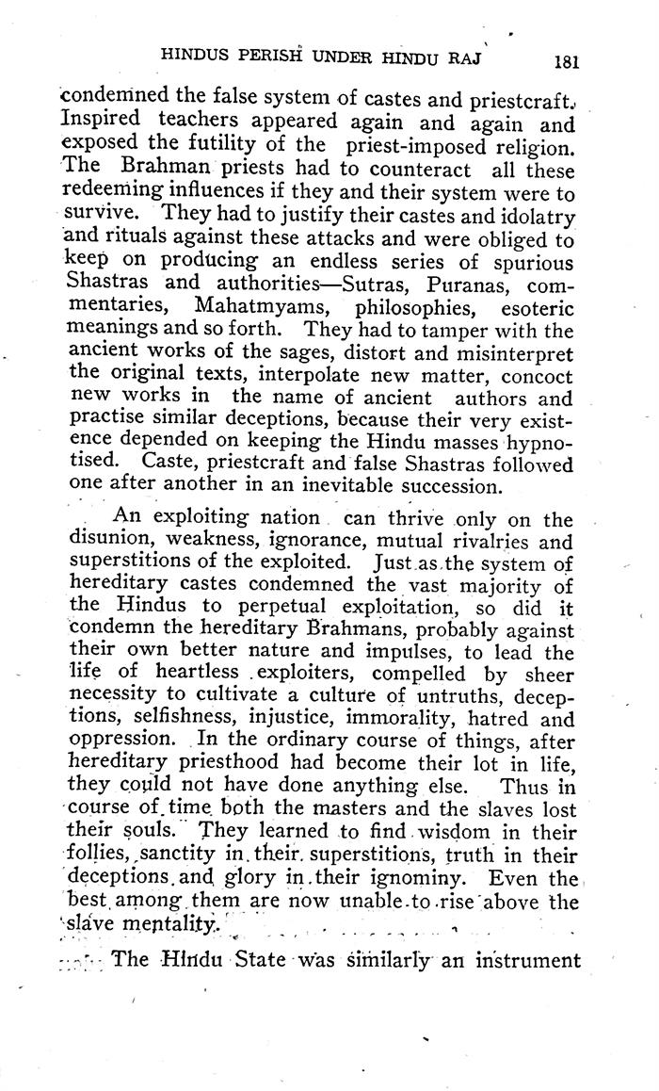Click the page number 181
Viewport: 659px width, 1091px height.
[x=567, y=62]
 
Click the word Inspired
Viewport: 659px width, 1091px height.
[x=100, y=122]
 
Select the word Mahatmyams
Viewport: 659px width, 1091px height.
[x=254, y=307]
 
